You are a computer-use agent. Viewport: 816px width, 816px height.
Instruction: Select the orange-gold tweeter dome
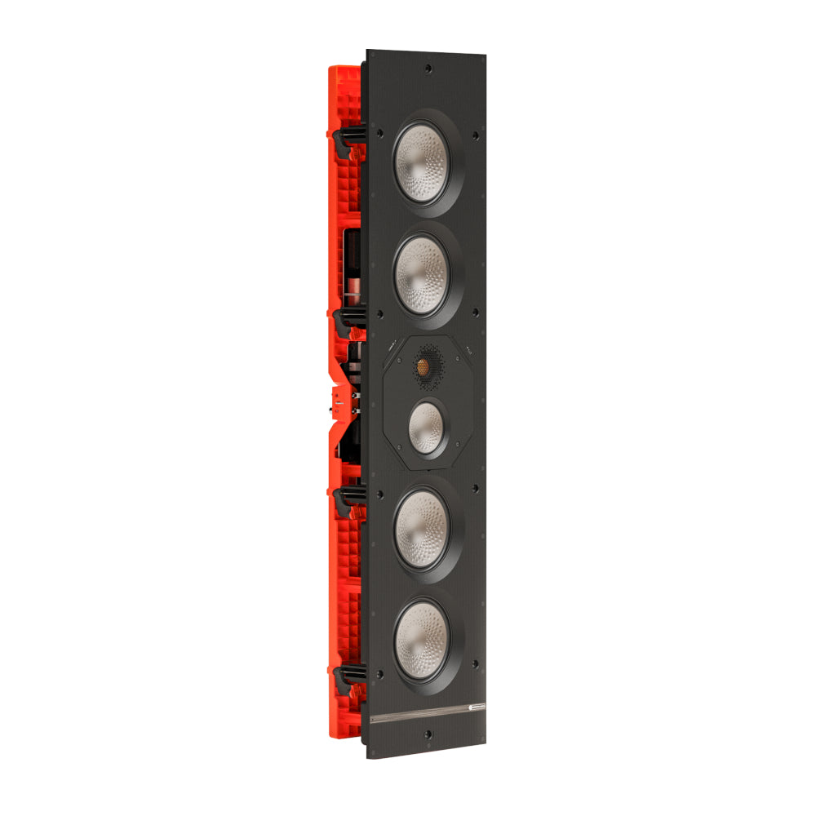pos(425,363)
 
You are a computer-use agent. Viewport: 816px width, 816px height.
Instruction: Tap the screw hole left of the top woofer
pos(379,133)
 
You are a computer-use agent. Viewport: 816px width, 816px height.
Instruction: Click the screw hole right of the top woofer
pos(476,136)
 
